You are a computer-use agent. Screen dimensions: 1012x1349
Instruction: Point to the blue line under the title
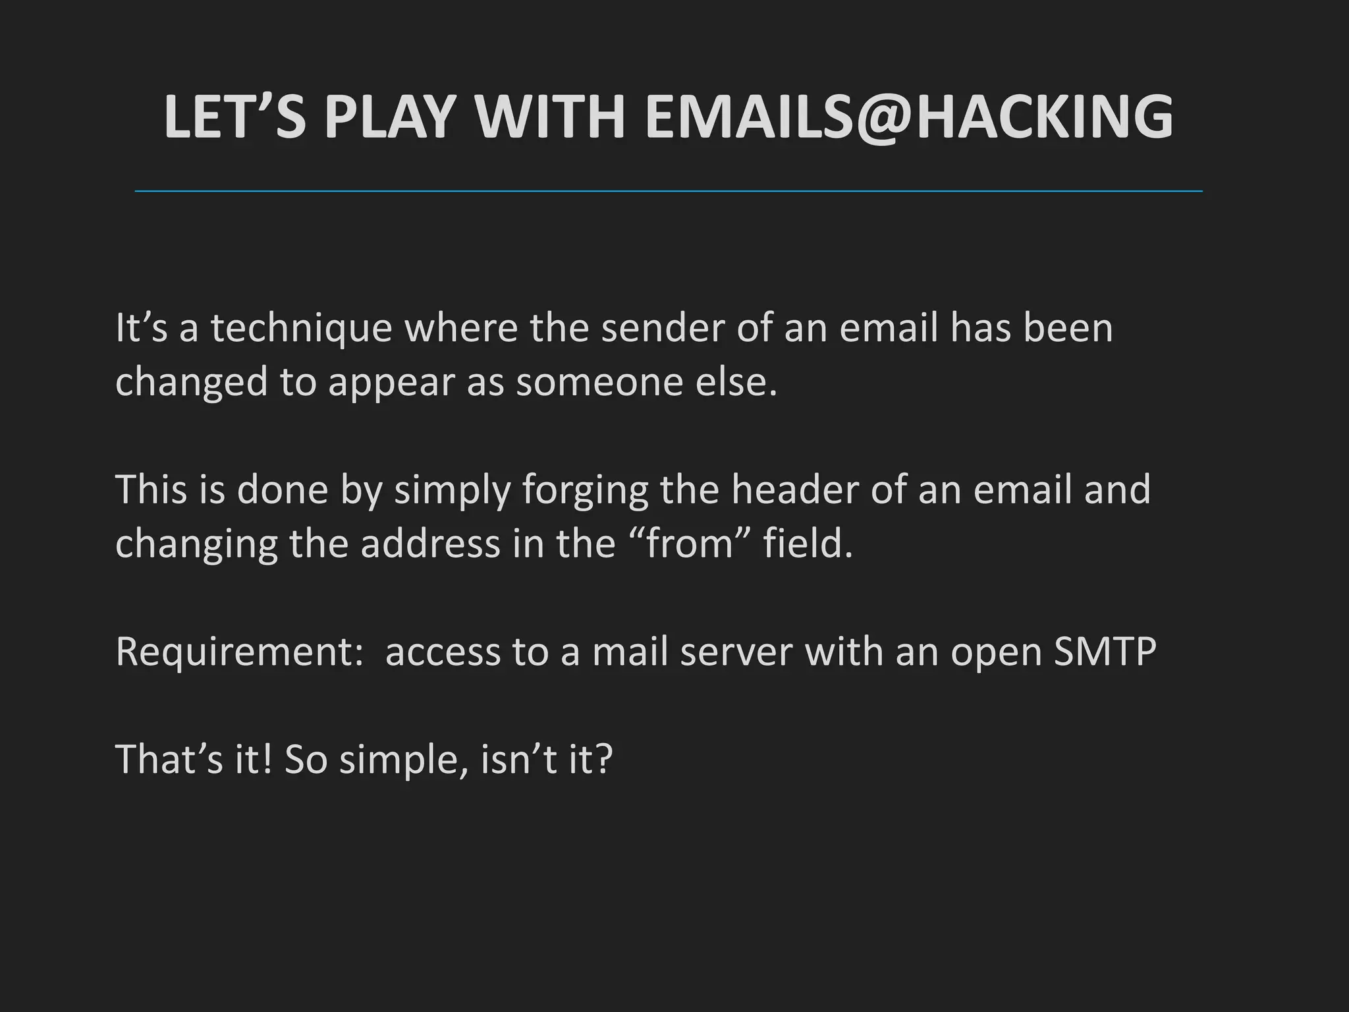coord(669,191)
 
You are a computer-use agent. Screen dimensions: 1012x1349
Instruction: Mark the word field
coord(807,544)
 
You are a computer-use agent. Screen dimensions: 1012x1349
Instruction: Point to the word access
coord(443,652)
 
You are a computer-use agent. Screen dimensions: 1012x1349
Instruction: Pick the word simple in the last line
coord(402,760)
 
